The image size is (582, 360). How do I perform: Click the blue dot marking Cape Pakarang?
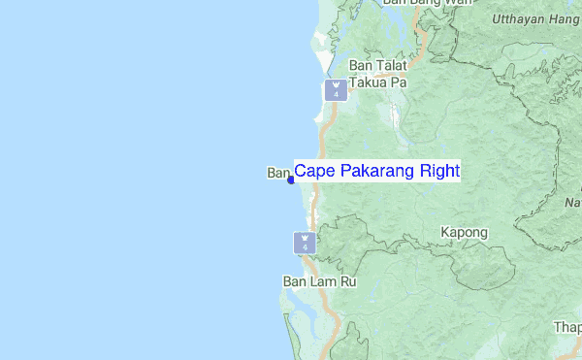[291, 179]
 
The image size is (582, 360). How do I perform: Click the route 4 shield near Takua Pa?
[336, 90]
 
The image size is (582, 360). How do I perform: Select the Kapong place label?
[464, 233]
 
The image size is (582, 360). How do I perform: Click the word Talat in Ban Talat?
[392, 65]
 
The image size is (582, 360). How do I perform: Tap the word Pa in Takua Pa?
[398, 82]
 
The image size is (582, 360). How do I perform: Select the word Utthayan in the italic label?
[522, 18]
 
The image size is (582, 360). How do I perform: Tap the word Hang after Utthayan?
[567, 18]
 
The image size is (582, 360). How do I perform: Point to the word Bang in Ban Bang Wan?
[425, 3]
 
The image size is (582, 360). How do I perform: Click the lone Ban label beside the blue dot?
[278, 173]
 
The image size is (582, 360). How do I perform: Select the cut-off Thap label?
[567, 327]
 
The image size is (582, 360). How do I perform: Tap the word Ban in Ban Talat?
[361, 65]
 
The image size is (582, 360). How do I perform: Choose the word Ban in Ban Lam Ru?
[295, 282]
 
